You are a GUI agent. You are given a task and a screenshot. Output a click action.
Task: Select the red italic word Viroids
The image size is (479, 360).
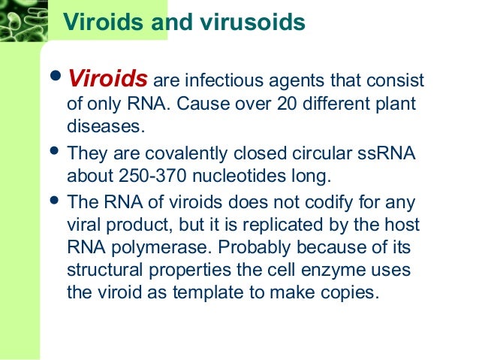110,79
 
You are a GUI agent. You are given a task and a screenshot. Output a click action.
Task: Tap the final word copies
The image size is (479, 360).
345,292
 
